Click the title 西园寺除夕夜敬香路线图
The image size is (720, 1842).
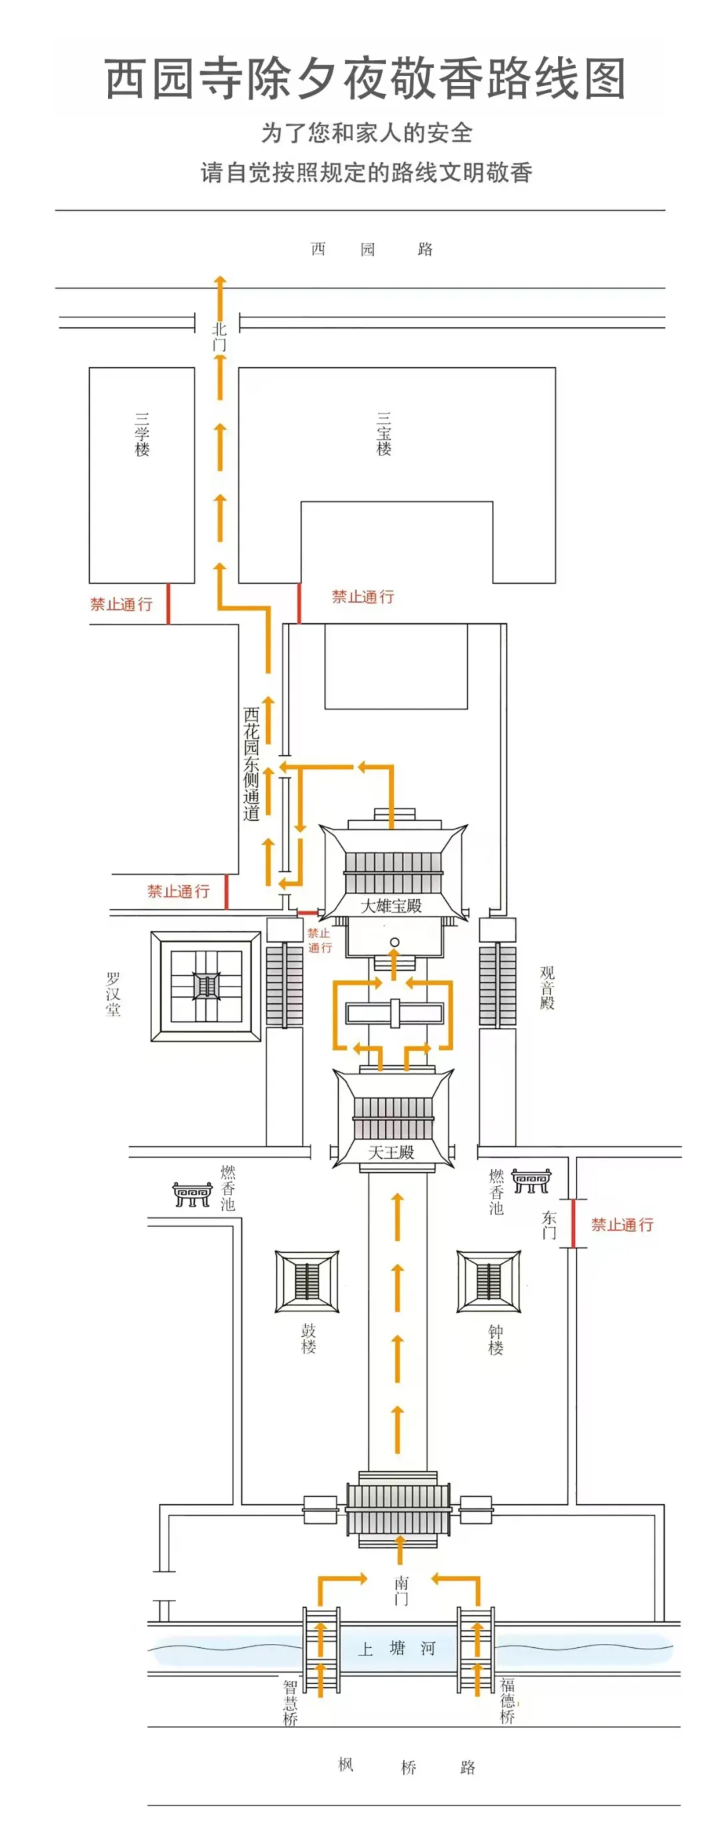(365, 79)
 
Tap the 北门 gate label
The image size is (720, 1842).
(219, 337)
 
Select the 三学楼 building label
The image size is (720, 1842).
(142, 434)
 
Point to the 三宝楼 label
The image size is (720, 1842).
(384, 434)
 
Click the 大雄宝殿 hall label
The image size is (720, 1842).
(391, 906)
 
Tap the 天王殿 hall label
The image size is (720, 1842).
(391, 1152)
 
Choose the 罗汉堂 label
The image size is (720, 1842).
(113, 994)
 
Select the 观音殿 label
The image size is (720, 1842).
(547, 987)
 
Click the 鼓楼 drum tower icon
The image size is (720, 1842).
(307, 1281)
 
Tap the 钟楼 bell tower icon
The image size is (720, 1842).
(489, 1281)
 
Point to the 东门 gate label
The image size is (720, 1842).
(549, 1225)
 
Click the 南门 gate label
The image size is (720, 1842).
(402, 1590)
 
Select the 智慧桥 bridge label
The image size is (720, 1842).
(289, 1703)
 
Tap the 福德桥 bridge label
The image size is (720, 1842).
(507, 1701)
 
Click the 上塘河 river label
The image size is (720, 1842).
(397, 1649)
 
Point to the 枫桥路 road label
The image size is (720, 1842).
(407, 1767)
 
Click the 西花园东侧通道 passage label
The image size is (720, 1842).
(251, 764)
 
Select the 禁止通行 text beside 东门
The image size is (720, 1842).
(622, 1225)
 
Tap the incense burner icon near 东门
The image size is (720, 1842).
(531, 1181)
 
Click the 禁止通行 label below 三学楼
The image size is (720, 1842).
(121, 604)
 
